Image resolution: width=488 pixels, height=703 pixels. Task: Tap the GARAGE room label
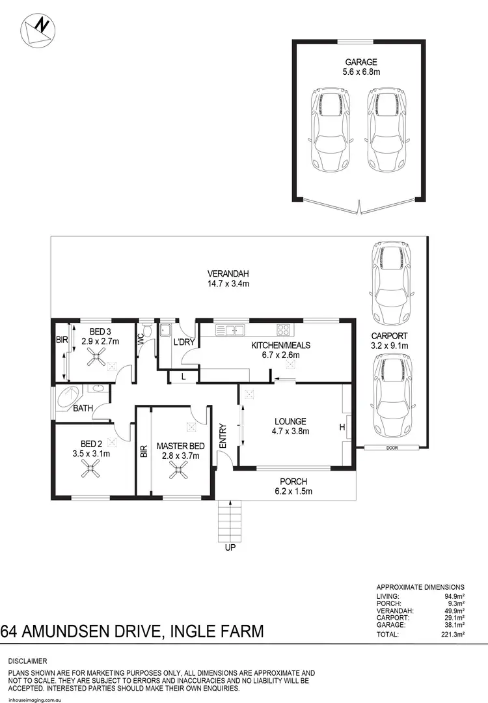click(x=361, y=62)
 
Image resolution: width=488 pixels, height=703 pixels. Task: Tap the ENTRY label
click(x=223, y=436)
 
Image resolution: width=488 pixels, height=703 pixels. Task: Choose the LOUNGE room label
click(x=290, y=421)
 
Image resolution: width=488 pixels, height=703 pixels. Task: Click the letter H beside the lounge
click(x=341, y=427)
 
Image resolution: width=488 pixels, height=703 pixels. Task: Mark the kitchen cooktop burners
click(x=283, y=327)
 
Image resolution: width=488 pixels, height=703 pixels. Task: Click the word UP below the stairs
click(x=230, y=547)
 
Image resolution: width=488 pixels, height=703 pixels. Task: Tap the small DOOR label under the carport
click(x=390, y=448)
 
